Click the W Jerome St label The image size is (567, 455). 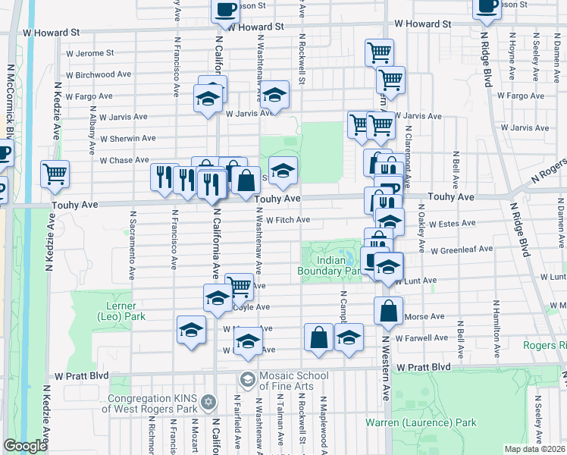[88, 53]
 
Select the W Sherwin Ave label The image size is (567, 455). [129, 139]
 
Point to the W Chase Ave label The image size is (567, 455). [124, 160]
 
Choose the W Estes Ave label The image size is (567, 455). [451, 224]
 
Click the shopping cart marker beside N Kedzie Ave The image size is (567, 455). [55, 175]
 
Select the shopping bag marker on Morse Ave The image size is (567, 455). [388, 311]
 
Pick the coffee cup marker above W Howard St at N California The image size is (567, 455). [225, 9]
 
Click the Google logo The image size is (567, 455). [25, 446]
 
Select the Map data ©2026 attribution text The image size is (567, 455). [534, 449]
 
